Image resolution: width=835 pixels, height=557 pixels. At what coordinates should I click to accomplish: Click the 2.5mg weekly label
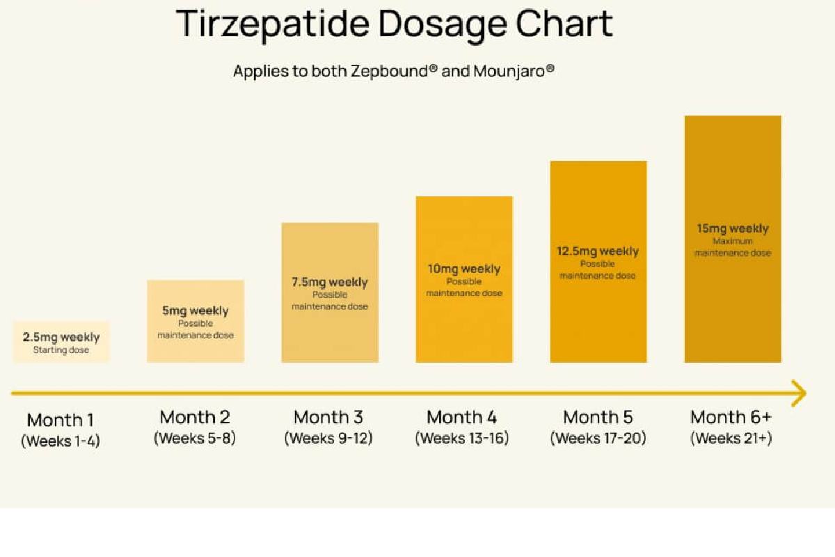coord(61,337)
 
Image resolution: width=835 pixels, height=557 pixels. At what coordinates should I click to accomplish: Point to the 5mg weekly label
coord(196,311)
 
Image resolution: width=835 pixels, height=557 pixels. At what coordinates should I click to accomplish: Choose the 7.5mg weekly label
coord(330,282)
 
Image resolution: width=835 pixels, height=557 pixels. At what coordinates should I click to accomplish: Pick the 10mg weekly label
coord(464,269)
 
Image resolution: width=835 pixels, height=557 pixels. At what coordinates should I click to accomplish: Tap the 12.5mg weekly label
coord(598,251)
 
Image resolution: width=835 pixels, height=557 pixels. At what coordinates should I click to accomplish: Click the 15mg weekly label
coord(733,228)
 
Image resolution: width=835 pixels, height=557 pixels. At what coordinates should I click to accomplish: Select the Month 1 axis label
coord(61,420)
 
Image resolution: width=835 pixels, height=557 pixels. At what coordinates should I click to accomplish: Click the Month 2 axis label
coord(195,417)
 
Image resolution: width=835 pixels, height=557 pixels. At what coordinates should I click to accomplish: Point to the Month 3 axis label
coord(328,417)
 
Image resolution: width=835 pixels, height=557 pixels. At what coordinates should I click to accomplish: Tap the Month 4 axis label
coord(462,417)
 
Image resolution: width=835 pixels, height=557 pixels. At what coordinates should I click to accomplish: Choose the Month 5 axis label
coord(598,417)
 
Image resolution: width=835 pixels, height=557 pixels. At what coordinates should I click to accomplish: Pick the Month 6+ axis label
coord(731,417)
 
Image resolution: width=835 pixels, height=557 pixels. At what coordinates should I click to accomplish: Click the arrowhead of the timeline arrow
coord(800,393)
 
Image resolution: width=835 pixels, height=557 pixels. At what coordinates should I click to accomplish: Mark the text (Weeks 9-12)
coord(328,439)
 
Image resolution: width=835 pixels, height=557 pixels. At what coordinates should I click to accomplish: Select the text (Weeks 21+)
coord(731,439)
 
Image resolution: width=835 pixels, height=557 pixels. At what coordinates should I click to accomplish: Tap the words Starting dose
coord(61,350)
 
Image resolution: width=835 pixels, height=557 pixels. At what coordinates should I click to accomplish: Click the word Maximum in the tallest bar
coord(733,241)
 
